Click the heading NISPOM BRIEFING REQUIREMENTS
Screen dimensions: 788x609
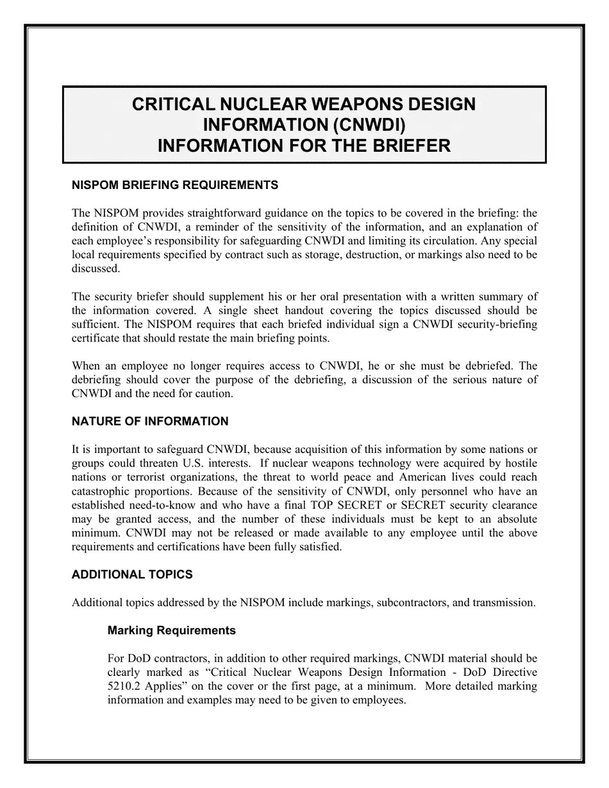175,185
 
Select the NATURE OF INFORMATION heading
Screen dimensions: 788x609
150,422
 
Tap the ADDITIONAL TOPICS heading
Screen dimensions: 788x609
132,575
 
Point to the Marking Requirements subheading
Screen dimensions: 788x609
172,630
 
